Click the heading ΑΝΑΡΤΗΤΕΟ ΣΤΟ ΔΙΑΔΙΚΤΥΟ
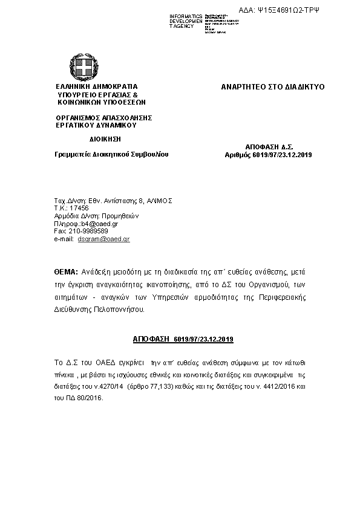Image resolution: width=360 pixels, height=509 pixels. (273, 87)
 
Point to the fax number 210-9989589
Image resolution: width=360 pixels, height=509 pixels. (89, 232)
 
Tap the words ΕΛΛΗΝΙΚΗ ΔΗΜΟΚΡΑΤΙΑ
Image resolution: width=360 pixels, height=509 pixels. (97, 87)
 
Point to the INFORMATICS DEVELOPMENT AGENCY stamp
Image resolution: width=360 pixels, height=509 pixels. (186, 21)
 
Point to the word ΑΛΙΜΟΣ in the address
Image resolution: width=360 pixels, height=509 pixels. (159, 200)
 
